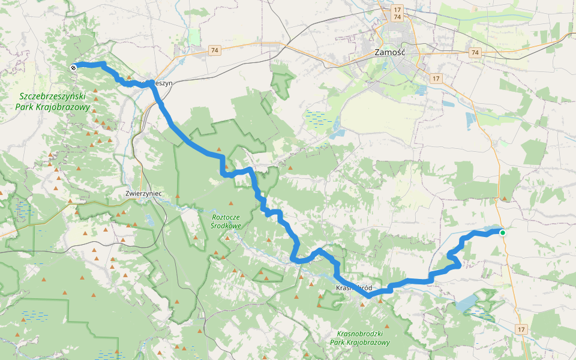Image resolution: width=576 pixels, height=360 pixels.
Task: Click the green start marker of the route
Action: click(502, 233)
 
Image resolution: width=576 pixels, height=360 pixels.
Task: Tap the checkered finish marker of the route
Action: click(73, 68)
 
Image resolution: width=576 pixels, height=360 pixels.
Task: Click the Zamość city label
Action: click(390, 52)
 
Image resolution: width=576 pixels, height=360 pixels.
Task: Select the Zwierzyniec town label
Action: click(144, 194)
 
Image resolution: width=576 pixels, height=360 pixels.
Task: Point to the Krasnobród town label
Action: click(354, 287)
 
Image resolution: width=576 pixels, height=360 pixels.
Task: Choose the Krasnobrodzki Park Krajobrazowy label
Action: click(359, 337)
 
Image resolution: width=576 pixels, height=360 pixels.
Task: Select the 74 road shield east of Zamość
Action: click(475, 53)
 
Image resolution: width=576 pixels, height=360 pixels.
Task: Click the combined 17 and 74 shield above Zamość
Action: click(397, 14)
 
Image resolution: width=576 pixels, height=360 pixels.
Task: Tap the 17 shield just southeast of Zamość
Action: click(436, 78)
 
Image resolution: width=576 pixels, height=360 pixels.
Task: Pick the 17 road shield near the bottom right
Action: click(521, 329)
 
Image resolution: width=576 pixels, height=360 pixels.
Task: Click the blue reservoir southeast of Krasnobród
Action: click(467, 303)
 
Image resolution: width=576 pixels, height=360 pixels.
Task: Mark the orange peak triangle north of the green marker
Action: click(504, 198)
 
